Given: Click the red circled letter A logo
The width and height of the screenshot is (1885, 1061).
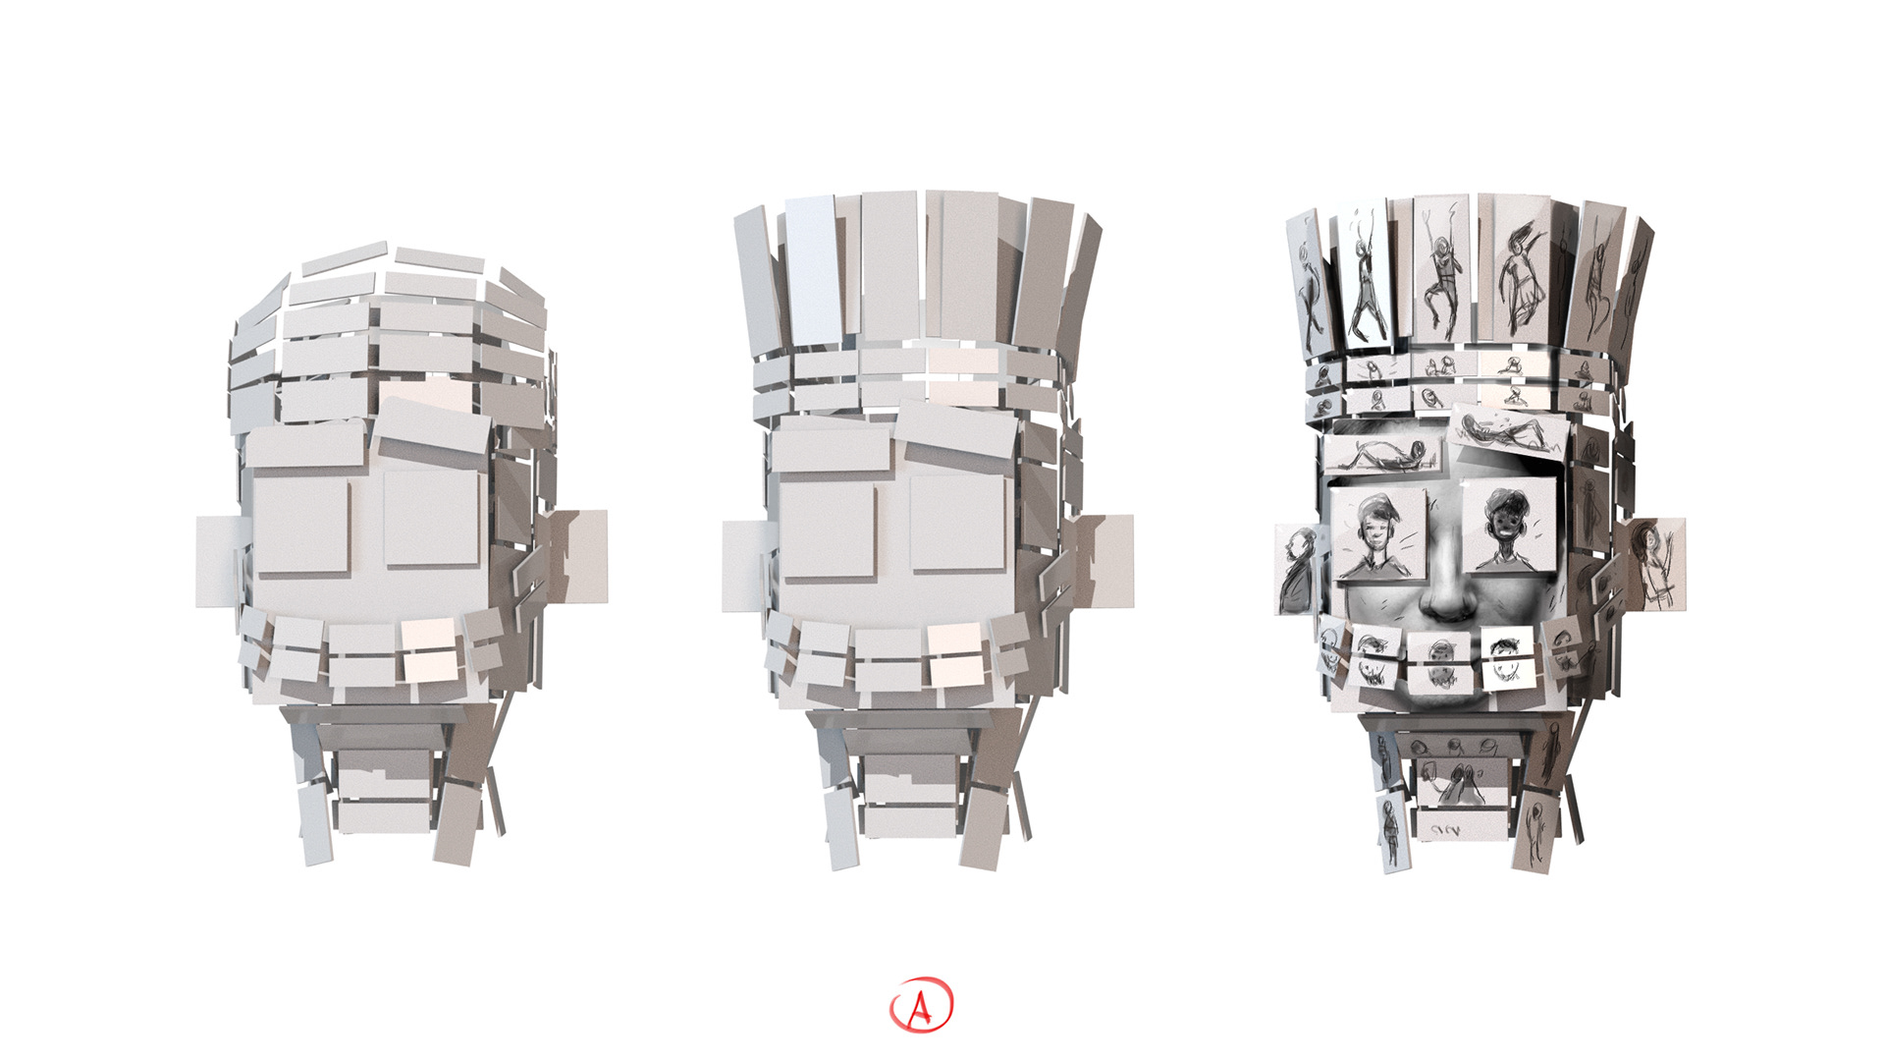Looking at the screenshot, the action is click(x=921, y=1005).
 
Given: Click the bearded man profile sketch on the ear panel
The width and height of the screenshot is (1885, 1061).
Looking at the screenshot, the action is click(x=1297, y=571).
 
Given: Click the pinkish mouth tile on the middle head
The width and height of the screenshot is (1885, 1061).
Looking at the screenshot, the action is click(x=955, y=654).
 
